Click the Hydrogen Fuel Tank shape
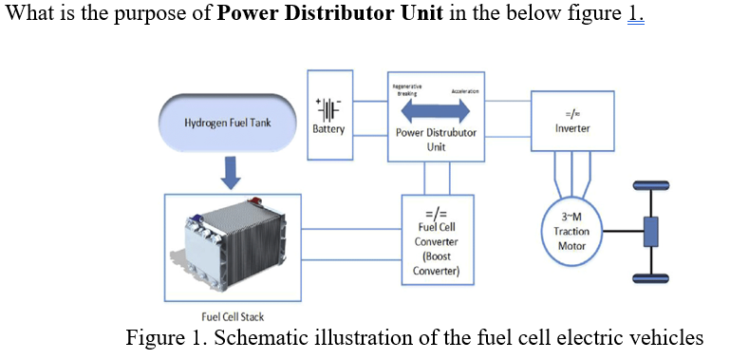pyautogui.click(x=227, y=123)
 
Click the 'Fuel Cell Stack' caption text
pyautogui.click(x=233, y=316)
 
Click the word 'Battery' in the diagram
pyautogui.click(x=328, y=128)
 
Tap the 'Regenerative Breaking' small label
pyautogui.click(x=405, y=89)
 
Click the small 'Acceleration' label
pyautogui.click(x=464, y=91)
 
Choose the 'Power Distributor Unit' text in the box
pyautogui.click(x=436, y=140)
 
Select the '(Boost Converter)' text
pyautogui.click(x=436, y=263)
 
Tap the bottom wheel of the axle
pyautogui.click(x=651, y=278)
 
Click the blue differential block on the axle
pyautogui.click(x=651, y=231)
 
